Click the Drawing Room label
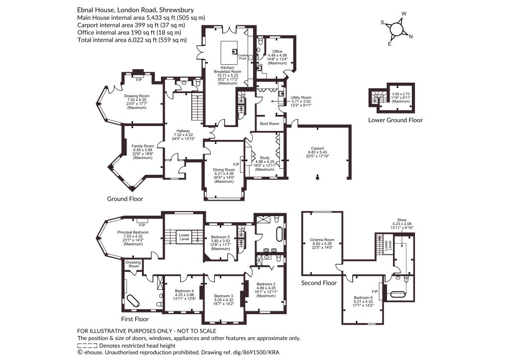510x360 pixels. point(136,96)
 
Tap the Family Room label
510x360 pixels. point(142,146)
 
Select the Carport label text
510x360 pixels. point(318,148)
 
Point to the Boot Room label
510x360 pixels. point(269,123)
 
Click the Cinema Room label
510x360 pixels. point(322,240)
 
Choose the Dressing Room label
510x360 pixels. point(133,264)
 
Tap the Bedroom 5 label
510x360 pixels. point(220,237)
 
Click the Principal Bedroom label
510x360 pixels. point(133,232)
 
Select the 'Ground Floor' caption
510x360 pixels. point(125,199)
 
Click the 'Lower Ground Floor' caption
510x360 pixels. point(395,120)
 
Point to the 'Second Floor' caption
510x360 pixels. point(319,283)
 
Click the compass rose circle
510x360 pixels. point(396,28)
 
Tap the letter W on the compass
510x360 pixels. point(404,13)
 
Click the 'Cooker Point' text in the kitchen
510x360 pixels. point(243,57)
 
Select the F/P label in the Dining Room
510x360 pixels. point(236,164)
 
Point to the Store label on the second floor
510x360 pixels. point(402,220)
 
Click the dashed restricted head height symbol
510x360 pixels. point(87,346)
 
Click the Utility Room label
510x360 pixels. point(301,97)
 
